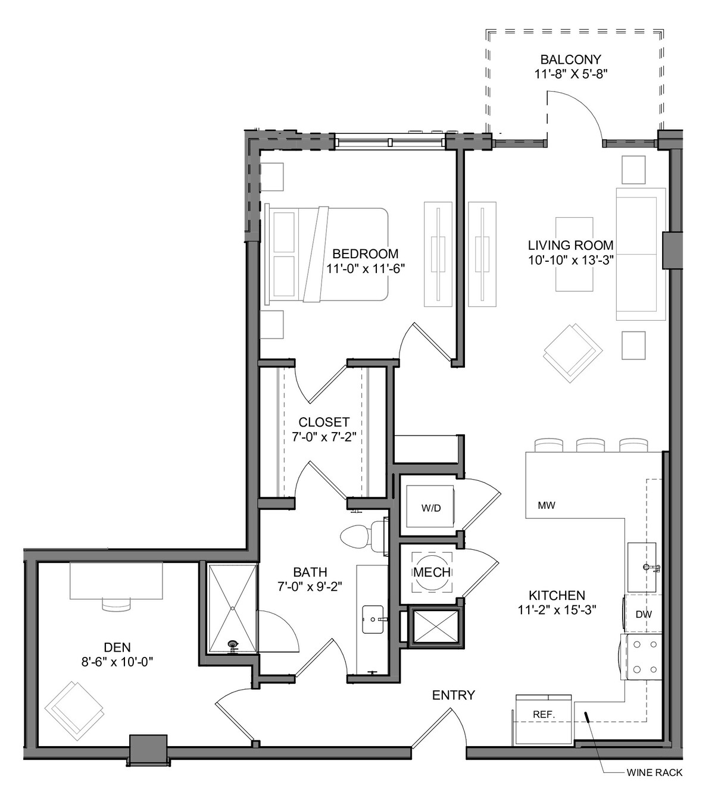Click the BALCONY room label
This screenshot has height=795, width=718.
570,60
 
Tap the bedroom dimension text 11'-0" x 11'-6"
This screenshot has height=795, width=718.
366,269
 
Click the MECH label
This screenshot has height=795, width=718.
432,572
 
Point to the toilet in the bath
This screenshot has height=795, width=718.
364,537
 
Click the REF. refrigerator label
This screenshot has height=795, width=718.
544,714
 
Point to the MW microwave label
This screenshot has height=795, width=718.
546,505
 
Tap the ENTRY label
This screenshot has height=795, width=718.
454,695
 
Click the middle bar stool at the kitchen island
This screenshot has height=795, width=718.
590,445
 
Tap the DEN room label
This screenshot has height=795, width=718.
117,647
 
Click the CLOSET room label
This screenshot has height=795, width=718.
324,422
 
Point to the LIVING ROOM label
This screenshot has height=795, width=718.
570,245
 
